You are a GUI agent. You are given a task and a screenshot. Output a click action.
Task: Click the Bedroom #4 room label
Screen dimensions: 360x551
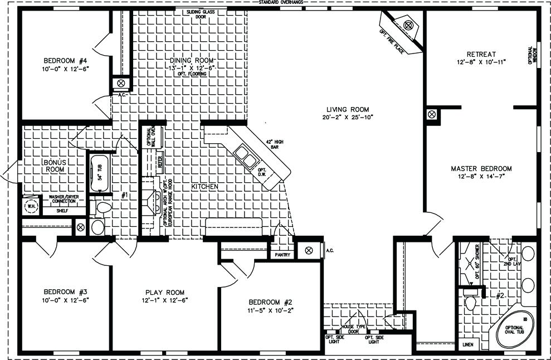coord(66,60)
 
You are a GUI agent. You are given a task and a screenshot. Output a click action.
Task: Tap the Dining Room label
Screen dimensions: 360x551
coord(191,60)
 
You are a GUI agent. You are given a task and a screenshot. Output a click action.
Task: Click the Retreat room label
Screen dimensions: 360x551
coord(482,54)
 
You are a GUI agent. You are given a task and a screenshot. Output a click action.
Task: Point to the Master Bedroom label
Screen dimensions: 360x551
coord(481,168)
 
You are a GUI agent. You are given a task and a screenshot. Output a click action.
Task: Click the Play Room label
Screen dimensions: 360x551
coord(164,293)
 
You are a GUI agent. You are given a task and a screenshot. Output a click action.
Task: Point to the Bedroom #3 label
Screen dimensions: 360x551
coord(66,291)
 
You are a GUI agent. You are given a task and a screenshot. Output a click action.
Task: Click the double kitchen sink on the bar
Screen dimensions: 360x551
coord(245,157)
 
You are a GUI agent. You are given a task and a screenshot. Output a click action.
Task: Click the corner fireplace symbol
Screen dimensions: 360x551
coord(408,26)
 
